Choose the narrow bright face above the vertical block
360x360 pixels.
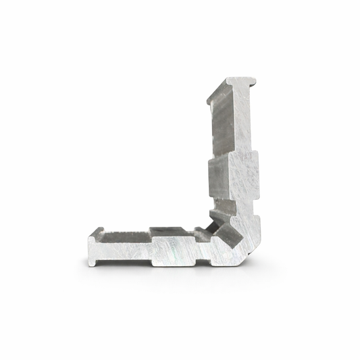pos(242,122)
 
